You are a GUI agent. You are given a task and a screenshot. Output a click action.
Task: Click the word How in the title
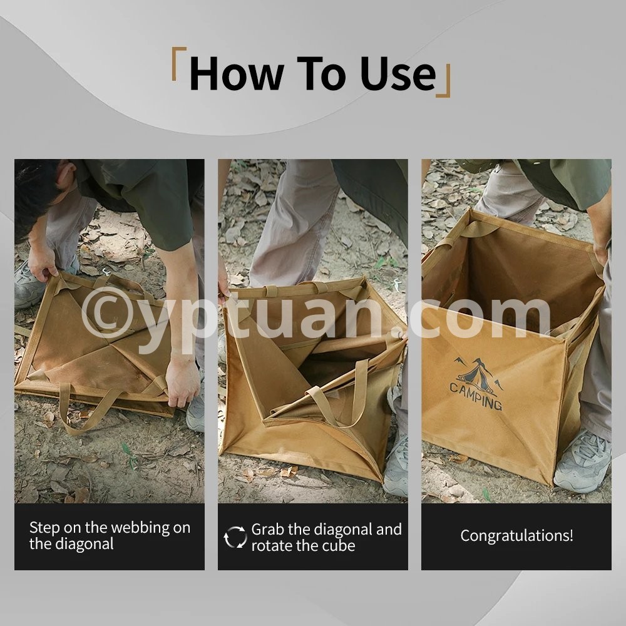tap(237, 74)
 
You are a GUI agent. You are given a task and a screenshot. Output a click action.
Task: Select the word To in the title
tap(321, 74)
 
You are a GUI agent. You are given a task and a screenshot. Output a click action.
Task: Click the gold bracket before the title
tap(178, 64)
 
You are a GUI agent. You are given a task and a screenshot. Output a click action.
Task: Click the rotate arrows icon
tap(235, 537)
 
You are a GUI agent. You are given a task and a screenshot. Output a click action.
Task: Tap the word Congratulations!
tap(516, 536)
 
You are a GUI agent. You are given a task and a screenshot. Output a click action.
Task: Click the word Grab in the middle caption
tap(267, 530)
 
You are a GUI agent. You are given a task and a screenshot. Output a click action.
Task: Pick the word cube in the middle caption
tap(339, 546)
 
